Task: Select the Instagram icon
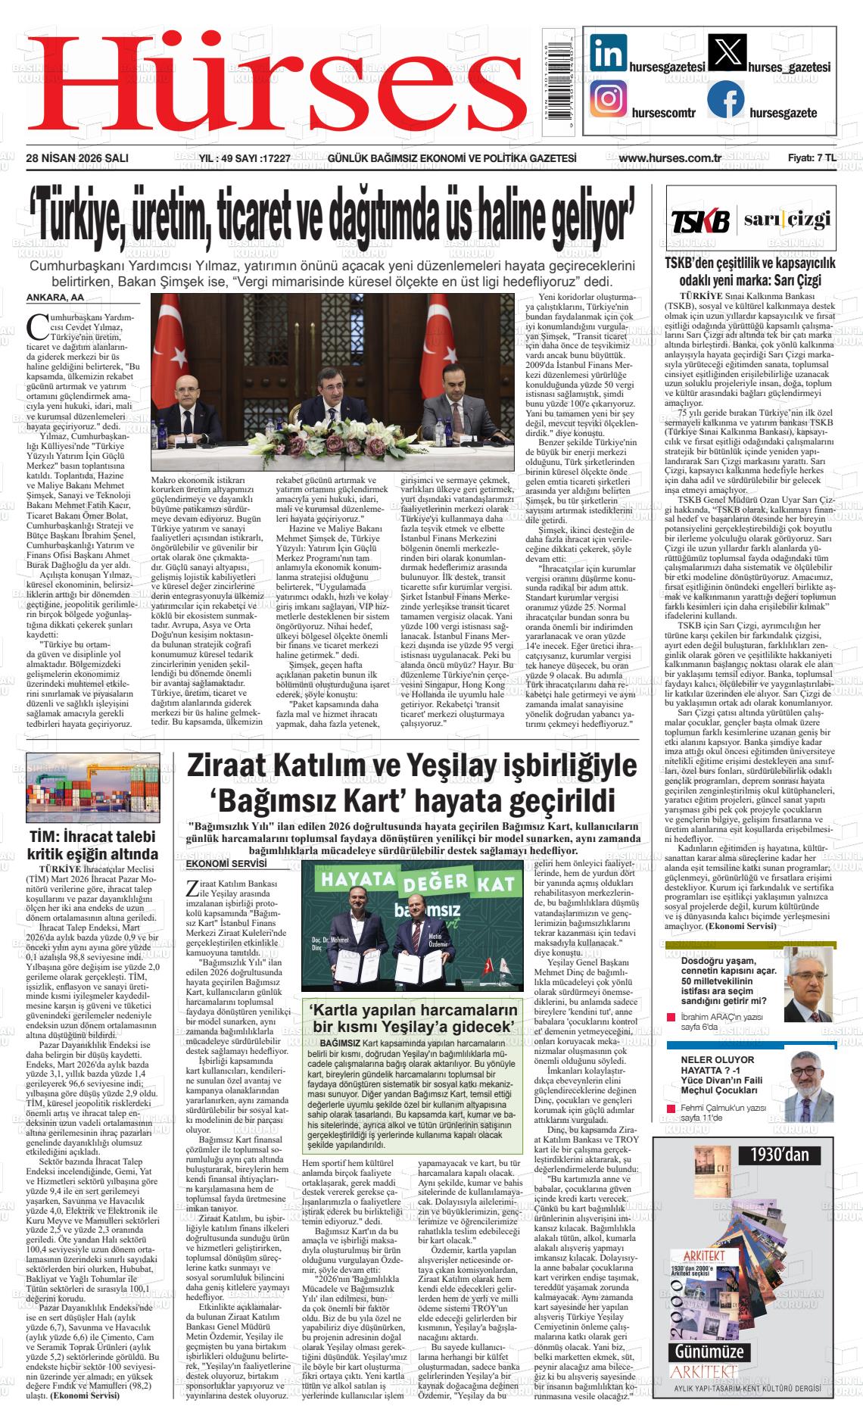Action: (x=610, y=99)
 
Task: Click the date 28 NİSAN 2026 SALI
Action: (x=76, y=158)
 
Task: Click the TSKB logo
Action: (x=700, y=221)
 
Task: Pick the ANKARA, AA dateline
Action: (x=55, y=297)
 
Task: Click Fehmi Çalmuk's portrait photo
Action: (x=808, y=1080)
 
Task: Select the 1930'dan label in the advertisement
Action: (x=780, y=1154)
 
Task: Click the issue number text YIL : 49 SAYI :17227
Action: (x=245, y=158)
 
